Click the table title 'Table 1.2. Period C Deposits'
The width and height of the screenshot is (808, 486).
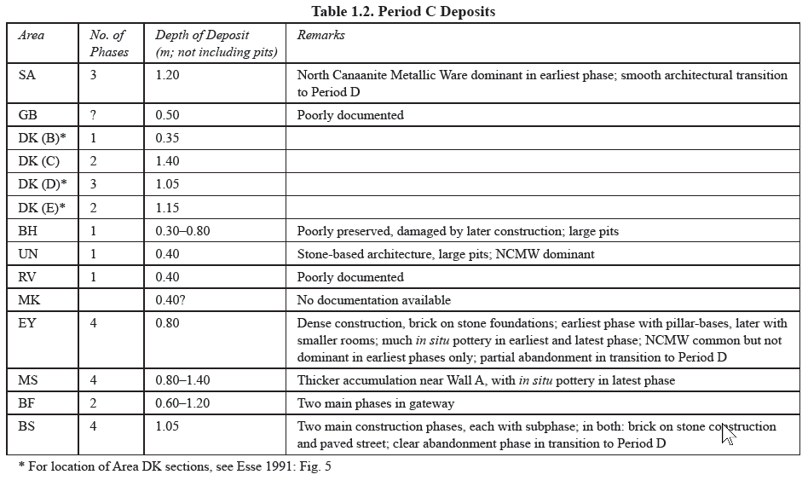tap(404, 11)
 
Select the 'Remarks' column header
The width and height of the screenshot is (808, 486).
tap(320, 36)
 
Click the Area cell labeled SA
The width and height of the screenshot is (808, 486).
tap(27, 75)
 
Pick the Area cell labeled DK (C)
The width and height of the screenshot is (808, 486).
tap(38, 160)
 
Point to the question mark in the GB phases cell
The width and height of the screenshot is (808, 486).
tap(94, 114)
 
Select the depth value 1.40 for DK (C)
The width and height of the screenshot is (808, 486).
tap(167, 160)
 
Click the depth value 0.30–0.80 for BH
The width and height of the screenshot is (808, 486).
tap(183, 230)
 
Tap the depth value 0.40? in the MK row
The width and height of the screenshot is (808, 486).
tap(171, 300)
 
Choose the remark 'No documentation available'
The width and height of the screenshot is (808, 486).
tap(373, 300)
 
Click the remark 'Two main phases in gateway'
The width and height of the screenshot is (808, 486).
tap(375, 403)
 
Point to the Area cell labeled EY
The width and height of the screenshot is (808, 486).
tap(27, 323)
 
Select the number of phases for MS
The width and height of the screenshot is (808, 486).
tap(94, 380)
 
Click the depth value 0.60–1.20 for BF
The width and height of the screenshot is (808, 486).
tap(183, 403)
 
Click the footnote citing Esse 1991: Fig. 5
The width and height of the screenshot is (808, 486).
tap(174, 466)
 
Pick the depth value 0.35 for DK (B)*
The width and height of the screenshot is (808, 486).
tap(167, 137)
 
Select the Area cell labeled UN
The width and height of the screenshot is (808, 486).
tap(28, 253)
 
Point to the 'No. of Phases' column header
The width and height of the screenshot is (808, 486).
tap(108, 43)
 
